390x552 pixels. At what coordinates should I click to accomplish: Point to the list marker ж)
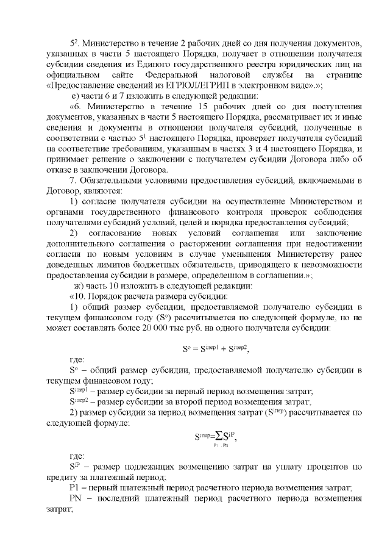(79, 286)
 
